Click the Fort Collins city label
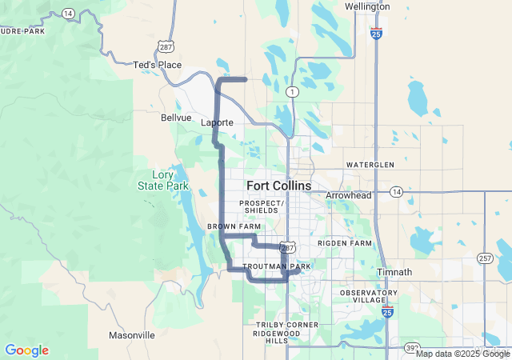[278, 186]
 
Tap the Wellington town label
[367, 6]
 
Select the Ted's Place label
[157, 65]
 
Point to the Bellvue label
[176, 118]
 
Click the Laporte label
[217, 122]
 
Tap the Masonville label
[132, 335]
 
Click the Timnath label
[394, 272]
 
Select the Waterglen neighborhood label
[370, 165]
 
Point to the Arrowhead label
[349, 195]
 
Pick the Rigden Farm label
[345, 242]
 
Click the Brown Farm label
[234, 226]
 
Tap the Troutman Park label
[276, 266]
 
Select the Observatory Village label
[369, 297]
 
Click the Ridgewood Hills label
[276, 336]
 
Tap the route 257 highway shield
[485, 258]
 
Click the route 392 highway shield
[410, 349]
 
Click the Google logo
[26, 350]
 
